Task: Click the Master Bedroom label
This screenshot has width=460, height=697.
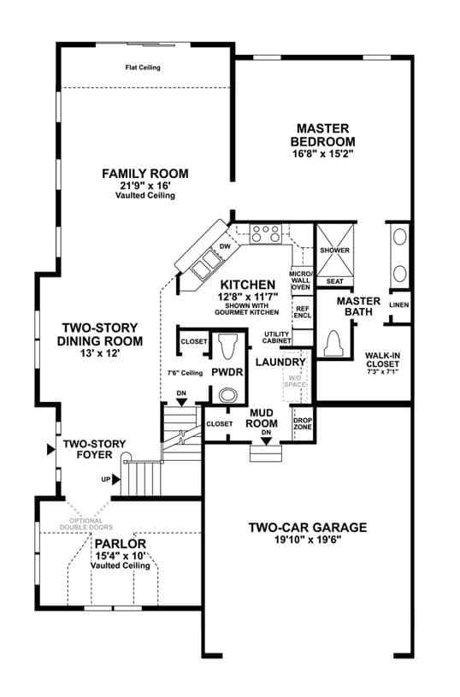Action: pyautogui.click(x=323, y=135)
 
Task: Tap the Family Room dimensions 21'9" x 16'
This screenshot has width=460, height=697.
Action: pyautogui.click(x=145, y=185)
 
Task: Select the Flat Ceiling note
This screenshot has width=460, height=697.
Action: pyautogui.click(x=143, y=68)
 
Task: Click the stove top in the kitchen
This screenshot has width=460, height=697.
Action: pyautogui.click(x=265, y=233)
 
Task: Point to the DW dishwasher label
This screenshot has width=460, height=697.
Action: pyautogui.click(x=226, y=246)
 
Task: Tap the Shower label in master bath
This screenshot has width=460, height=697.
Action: pyautogui.click(x=334, y=251)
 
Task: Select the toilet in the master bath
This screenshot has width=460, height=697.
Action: pyautogui.click(x=333, y=343)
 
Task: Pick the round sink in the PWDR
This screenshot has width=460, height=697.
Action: pyautogui.click(x=229, y=394)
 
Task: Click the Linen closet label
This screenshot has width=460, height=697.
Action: pyautogui.click(x=399, y=305)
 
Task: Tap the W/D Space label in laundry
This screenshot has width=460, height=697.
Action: pyautogui.click(x=295, y=381)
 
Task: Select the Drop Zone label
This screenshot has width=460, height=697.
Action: pyautogui.click(x=303, y=423)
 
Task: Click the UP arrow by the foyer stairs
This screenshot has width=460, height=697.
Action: pyautogui.click(x=116, y=479)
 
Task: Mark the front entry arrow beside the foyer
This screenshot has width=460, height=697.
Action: pyautogui.click(x=51, y=449)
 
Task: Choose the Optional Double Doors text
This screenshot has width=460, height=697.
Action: pyautogui.click(x=86, y=523)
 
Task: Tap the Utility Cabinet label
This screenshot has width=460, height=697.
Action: pyautogui.click(x=276, y=338)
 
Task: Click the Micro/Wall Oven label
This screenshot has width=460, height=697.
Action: pyautogui.click(x=301, y=281)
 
